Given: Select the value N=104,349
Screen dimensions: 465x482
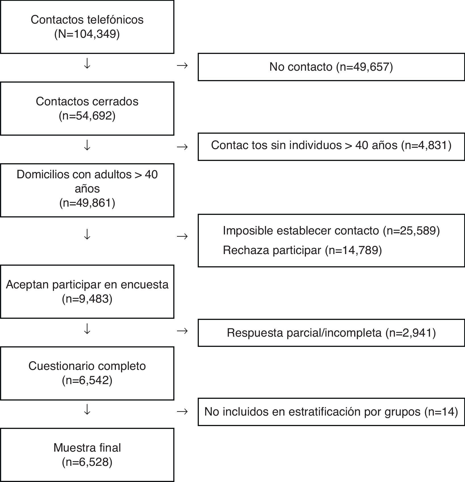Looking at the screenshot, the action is point(87,34).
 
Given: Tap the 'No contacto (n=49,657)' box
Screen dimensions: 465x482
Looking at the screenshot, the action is point(331,67).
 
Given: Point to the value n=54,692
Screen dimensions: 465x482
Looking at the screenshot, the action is point(87,116).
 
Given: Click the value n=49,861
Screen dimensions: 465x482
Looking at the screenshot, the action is point(87,203).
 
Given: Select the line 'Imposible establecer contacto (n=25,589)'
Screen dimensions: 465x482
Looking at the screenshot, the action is point(331,230).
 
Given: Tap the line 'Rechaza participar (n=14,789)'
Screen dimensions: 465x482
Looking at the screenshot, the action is point(302,250).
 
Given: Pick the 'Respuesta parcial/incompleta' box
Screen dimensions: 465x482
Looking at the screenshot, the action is point(331,333).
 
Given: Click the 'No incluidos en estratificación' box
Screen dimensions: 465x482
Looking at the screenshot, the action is point(331,412).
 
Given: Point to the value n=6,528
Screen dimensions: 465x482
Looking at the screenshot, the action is point(87,462).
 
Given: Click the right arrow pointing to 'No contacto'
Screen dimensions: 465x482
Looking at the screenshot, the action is point(182,66).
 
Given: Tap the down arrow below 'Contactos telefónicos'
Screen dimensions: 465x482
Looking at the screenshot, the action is point(87,64).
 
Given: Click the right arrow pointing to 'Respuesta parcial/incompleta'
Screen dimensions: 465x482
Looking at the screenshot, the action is point(182,331).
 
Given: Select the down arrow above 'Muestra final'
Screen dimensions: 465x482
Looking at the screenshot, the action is point(87,410).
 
